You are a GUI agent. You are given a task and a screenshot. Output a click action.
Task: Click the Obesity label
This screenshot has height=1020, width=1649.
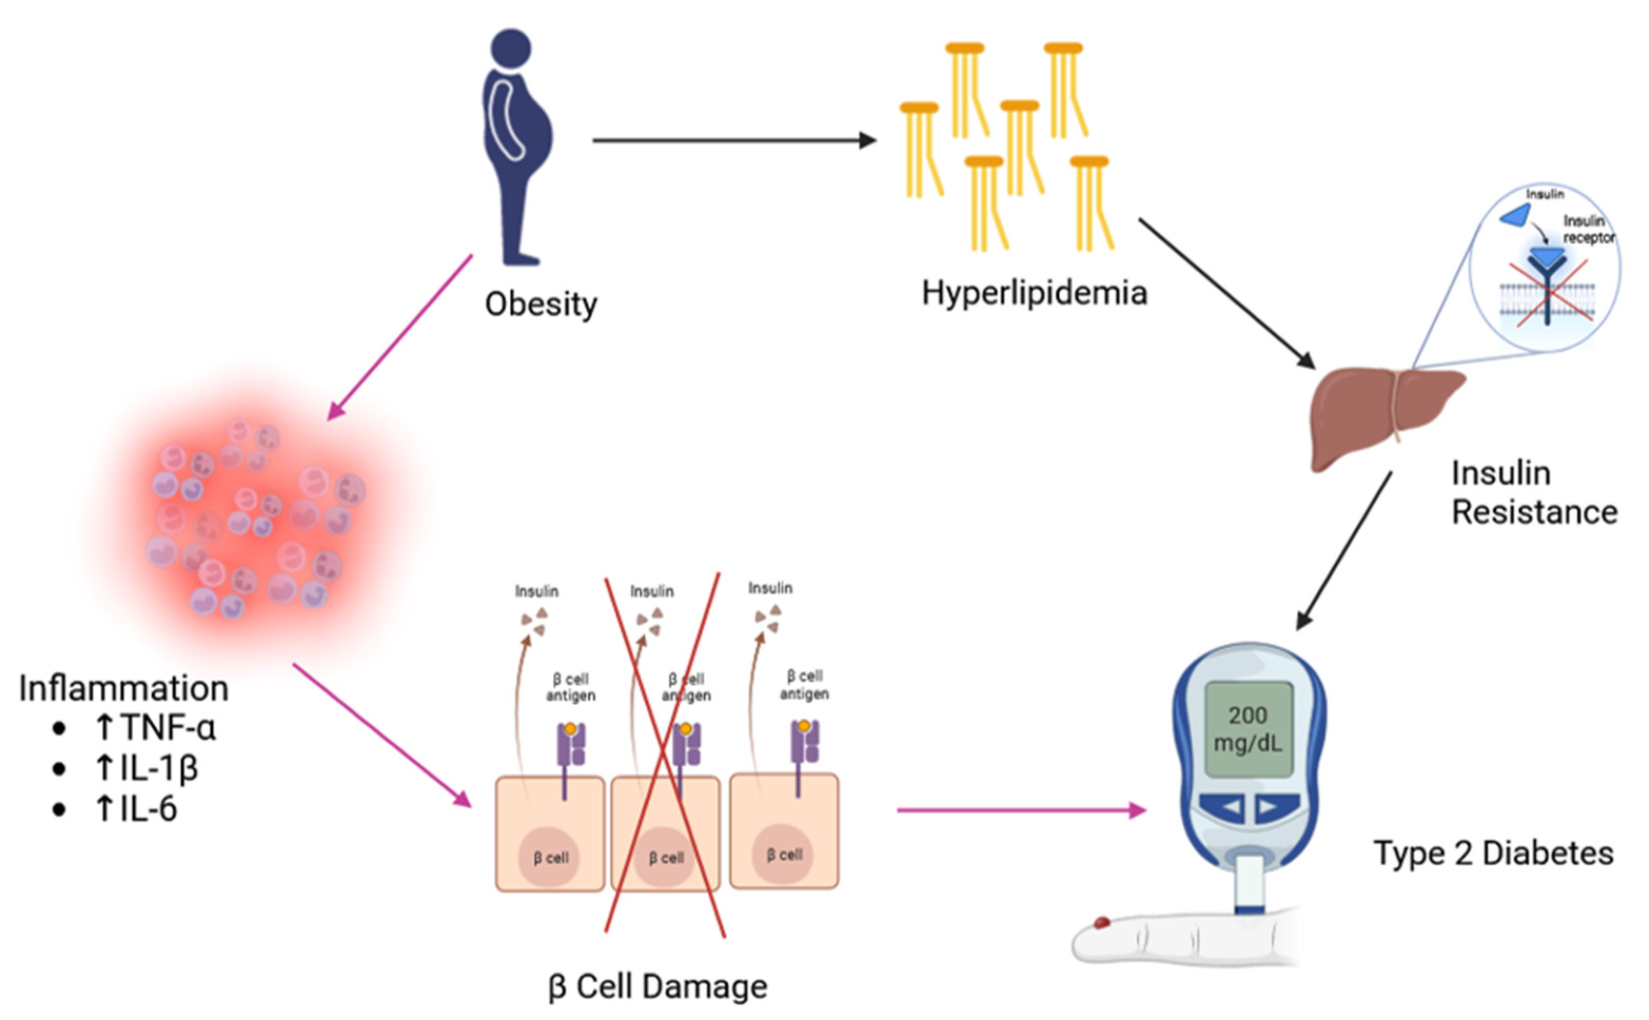[x=540, y=304]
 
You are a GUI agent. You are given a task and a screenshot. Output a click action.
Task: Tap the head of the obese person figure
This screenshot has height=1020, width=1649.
[x=511, y=48]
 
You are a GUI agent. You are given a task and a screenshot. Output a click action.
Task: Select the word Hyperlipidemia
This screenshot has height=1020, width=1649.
[x=1034, y=293]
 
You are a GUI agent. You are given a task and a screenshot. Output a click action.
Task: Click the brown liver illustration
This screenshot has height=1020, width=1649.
[x=1376, y=411]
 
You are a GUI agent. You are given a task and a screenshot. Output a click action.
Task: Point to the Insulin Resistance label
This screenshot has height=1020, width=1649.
[x=1534, y=492]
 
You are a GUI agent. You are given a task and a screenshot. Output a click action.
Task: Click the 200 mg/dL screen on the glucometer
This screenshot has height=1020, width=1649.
[x=1248, y=729]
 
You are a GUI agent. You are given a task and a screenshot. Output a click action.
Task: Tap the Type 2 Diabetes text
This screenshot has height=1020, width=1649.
[x=1493, y=854]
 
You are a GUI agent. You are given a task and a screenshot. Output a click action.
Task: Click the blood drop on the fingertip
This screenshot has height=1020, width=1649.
[x=1101, y=922]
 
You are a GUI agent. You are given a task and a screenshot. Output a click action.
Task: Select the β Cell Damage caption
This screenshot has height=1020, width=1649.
[x=658, y=986]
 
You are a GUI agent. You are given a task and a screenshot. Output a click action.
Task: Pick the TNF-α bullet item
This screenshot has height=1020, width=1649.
[x=155, y=728]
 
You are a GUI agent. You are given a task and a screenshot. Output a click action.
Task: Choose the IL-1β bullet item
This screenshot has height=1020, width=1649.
[x=146, y=768]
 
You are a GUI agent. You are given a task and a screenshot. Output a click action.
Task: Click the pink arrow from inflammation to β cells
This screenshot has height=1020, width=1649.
[x=381, y=735]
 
